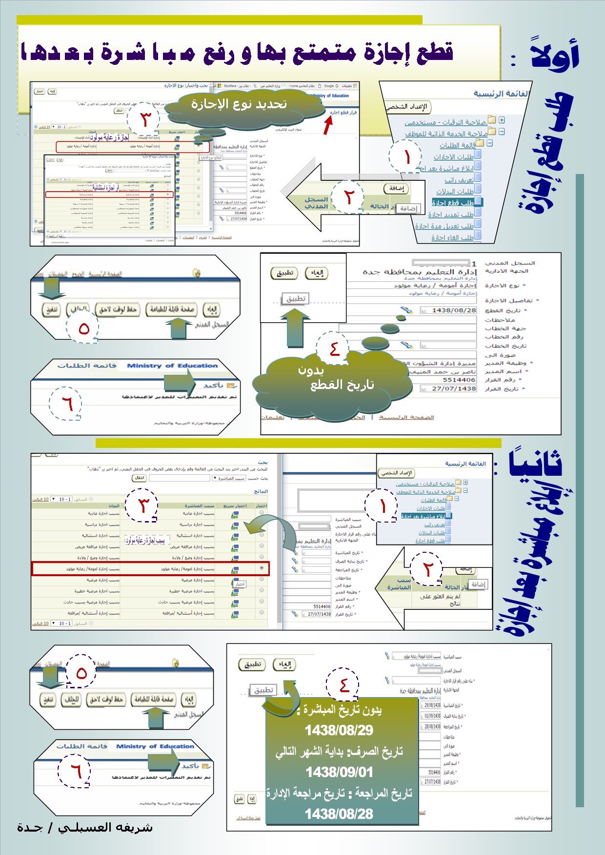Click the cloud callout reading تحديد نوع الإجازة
click(x=239, y=104)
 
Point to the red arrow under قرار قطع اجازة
click(x=328, y=125)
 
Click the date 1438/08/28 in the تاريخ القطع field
click(x=454, y=310)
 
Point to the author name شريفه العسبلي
click(x=85, y=827)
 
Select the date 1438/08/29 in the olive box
click(x=339, y=730)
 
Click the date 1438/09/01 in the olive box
click(x=339, y=772)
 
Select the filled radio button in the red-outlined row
click(x=262, y=568)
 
